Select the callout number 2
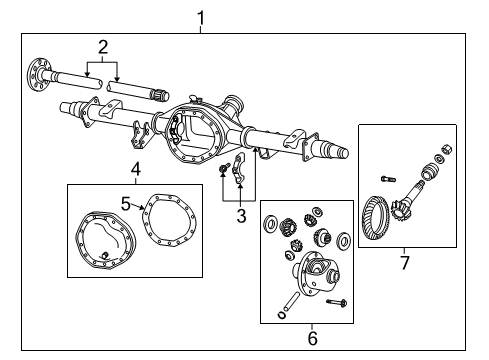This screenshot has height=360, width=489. [103, 46]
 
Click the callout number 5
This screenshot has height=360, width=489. [125, 203]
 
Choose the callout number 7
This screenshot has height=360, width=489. [404, 263]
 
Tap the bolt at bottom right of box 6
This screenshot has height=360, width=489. [334, 301]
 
